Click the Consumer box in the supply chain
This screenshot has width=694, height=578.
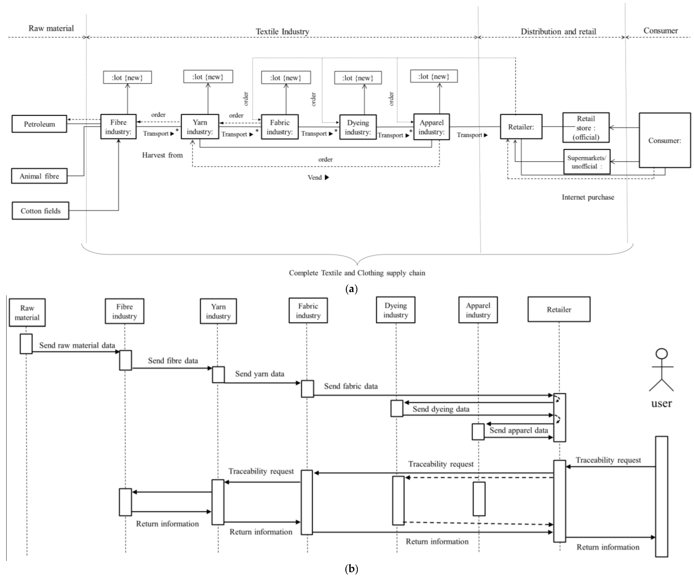point(665,141)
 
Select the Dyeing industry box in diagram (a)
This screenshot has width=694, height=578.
point(358,127)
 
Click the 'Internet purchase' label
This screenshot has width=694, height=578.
point(588,197)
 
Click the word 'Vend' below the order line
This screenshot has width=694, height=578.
point(315,177)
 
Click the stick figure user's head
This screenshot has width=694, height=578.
point(662,354)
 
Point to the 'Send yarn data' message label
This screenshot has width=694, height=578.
point(259,374)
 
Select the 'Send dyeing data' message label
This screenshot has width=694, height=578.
point(441,409)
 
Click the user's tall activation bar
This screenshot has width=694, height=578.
point(662,496)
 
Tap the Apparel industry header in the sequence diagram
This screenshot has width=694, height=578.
point(478,310)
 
